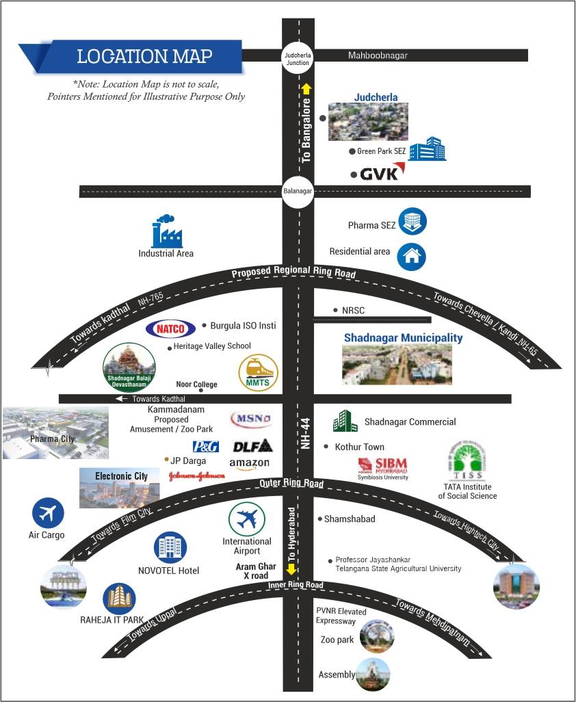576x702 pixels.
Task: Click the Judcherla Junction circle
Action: pyautogui.click(x=298, y=58)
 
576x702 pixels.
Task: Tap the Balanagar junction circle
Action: pyautogui.click(x=298, y=192)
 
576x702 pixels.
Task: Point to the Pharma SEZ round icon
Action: pyautogui.click(x=413, y=222)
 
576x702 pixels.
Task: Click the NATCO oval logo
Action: pyautogui.click(x=170, y=328)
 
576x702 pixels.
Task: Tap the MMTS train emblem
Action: pyautogui.click(x=259, y=372)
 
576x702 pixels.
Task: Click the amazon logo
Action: pyautogui.click(x=250, y=464)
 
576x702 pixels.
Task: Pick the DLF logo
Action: pyautogui.click(x=252, y=446)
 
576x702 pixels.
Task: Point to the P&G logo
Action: pyautogui.click(x=205, y=446)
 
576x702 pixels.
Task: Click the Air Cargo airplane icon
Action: pyautogui.click(x=48, y=512)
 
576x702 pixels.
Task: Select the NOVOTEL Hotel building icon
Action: pyautogui.click(x=170, y=547)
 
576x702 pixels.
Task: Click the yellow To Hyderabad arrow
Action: pyautogui.click(x=291, y=569)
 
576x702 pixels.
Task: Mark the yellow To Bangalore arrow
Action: pyautogui.click(x=306, y=88)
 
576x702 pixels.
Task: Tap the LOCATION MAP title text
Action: pyautogui.click(x=144, y=56)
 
